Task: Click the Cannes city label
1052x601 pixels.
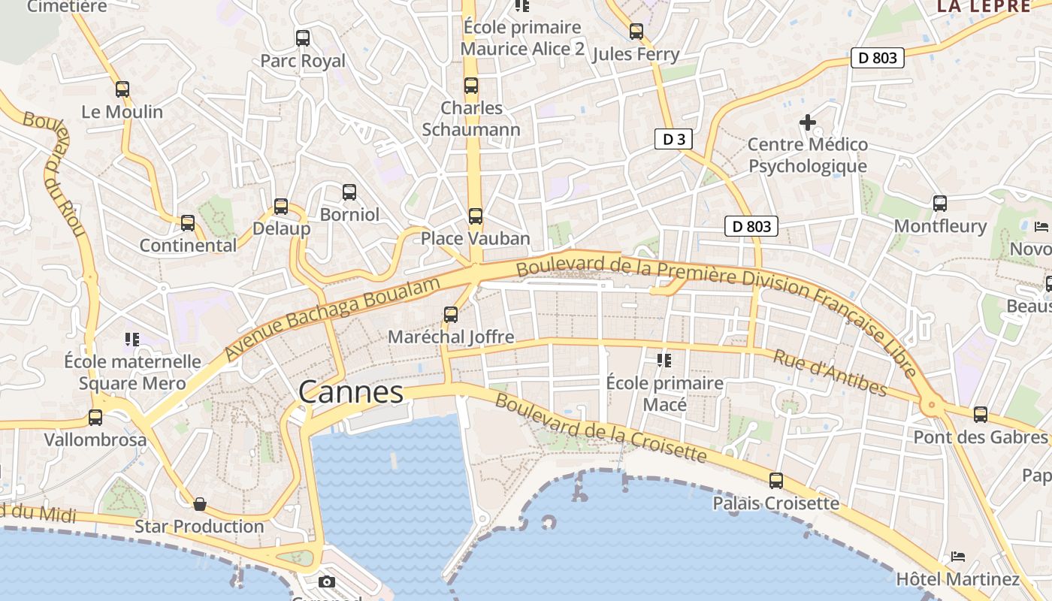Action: tap(351, 392)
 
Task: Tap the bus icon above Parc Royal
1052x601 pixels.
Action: tap(303, 38)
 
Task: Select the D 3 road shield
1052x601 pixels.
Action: tap(673, 139)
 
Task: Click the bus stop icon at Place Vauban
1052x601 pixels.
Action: tap(476, 216)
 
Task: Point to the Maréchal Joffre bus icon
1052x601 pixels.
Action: tap(451, 315)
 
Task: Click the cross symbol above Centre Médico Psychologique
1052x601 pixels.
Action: tap(808, 122)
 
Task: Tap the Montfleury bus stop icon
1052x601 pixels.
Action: tap(940, 204)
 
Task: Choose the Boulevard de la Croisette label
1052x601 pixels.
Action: tap(601, 427)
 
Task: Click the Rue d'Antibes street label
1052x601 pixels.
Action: tap(830, 373)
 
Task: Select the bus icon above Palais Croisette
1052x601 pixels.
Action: tap(776, 481)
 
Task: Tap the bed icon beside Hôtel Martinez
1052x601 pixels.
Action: tap(957, 557)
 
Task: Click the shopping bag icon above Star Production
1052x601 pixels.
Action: tap(200, 504)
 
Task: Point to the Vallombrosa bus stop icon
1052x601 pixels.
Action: tap(95, 418)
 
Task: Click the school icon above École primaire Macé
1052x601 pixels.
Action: tap(664, 361)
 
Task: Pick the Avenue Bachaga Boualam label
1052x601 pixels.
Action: tap(332, 316)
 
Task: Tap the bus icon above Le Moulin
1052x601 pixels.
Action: tap(122, 89)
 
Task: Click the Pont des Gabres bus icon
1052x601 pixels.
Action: tap(981, 415)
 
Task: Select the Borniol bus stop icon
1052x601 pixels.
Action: tap(349, 192)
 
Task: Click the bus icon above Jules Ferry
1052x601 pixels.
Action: tap(636, 32)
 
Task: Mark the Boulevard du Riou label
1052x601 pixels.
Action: tap(57, 173)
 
